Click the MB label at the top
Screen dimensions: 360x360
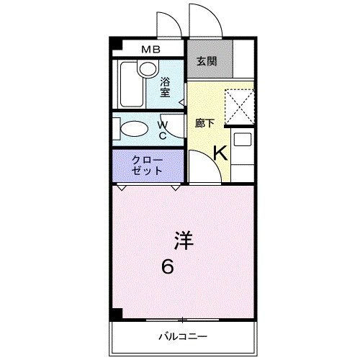tap(150, 50)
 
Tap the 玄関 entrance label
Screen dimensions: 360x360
tap(206, 61)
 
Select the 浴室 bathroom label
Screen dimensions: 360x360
tap(165, 86)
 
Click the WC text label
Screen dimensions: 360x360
tap(163, 130)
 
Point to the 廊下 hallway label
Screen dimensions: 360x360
tap(204, 122)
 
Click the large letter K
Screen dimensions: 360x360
tap(221, 152)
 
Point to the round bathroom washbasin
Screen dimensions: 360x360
tap(148, 69)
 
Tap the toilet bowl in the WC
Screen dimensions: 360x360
tap(132, 130)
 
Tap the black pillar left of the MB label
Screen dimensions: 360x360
tap(114, 46)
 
